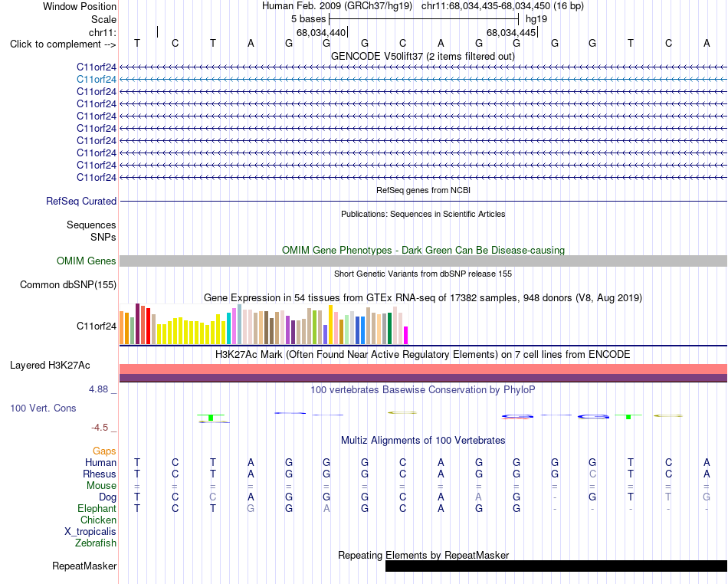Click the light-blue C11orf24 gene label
point(96,80)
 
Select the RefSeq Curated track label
point(81,201)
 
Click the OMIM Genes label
point(87,261)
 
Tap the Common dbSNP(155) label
point(68,284)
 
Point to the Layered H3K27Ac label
point(50,366)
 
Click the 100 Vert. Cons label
point(43,408)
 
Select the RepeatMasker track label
point(84,566)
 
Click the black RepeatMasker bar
point(556,566)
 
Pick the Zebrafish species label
point(96,543)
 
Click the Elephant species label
point(97,508)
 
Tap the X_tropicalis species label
point(90,532)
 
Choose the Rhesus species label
point(100,474)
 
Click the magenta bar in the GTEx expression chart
point(406,335)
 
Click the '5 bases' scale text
point(308,19)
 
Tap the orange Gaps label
point(104,451)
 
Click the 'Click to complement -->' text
point(63,44)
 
